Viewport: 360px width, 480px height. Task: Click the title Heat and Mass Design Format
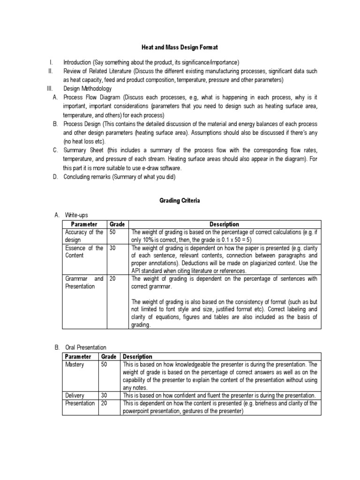180,47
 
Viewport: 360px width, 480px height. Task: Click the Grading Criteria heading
180,200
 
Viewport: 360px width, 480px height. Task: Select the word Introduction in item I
77,62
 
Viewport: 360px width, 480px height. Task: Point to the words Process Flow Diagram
89,97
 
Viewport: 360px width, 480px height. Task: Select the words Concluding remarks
86,176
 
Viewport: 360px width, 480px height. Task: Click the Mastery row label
75,364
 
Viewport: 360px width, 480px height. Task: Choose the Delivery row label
75,396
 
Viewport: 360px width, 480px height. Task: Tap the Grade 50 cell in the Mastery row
105,364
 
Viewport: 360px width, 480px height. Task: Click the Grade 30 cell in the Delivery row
105,396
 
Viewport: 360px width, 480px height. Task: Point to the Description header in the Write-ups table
225,225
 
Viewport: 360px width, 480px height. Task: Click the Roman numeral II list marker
51,71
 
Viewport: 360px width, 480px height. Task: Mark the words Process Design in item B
82,124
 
